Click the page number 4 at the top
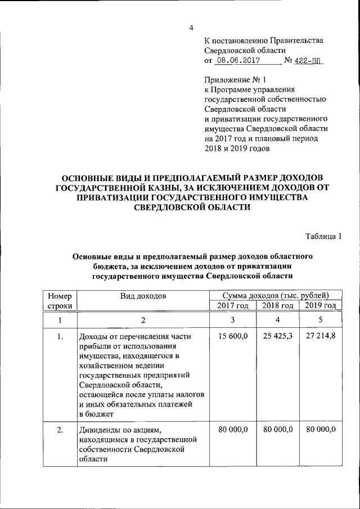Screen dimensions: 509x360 [x=191, y=28]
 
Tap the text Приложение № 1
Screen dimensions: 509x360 [x=232, y=81]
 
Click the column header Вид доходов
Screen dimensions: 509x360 [x=142, y=295]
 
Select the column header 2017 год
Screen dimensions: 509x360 [x=232, y=305]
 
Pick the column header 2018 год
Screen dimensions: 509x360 [x=278, y=305]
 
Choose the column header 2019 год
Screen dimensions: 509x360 [x=321, y=305]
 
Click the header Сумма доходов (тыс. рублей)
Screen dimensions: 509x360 [x=275, y=295]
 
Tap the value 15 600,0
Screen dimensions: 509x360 [x=232, y=337]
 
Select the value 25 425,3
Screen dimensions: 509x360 [x=278, y=337]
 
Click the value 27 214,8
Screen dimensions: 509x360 [x=321, y=337]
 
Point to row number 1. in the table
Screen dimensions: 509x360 [x=60, y=337]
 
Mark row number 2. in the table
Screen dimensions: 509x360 [x=60, y=430]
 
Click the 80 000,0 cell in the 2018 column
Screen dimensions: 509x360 [x=278, y=430]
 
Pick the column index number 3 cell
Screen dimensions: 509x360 [x=232, y=320]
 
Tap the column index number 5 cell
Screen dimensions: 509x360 [x=321, y=320]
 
